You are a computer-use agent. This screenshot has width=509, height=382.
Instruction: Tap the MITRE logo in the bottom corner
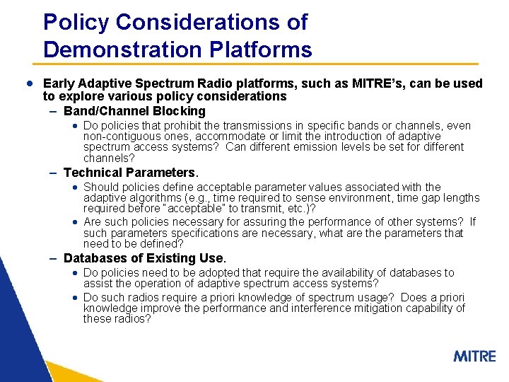[474, 356]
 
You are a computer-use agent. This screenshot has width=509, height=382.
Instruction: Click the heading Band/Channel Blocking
[134, 111]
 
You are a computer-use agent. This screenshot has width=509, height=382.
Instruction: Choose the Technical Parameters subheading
[131, 173]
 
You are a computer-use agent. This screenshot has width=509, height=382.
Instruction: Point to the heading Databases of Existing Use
[144, 258]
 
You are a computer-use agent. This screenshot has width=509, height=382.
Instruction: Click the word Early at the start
[59, 83]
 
